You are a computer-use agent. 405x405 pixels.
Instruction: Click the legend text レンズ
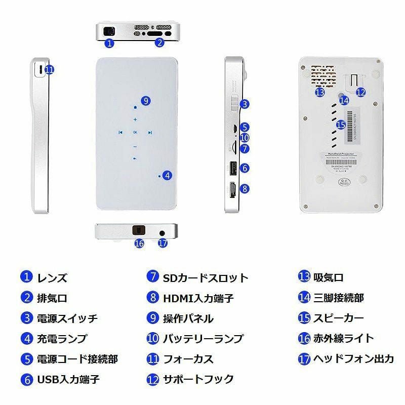[x=52, y=277]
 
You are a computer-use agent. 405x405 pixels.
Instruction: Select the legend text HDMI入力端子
[x=198, y=298]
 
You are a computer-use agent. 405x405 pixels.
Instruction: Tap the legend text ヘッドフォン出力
[x=353, y=359]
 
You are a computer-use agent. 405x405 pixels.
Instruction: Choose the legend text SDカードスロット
[x=206, y=277]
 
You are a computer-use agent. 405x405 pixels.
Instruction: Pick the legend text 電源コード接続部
[x=77, y=359]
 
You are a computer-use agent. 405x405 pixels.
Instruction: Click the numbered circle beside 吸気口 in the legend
[x=304, y=277]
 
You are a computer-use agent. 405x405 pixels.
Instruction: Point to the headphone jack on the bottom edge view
[x=162, y=232]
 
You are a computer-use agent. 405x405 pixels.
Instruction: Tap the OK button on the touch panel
[x=135, y=133]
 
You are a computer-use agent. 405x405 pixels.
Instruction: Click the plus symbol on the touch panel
[x=135, y=120]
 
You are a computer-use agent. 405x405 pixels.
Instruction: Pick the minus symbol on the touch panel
[x=135, y=147]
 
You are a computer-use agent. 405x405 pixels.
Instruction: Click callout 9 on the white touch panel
[x=145, y=101]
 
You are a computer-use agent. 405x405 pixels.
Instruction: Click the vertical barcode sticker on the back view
[x=353, y=125]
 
